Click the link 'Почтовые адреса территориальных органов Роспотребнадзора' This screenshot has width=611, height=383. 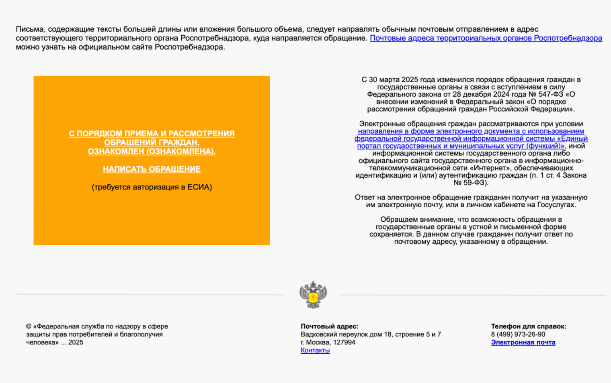point(486,38)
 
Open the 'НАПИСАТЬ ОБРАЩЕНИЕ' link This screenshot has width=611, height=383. point(152,169)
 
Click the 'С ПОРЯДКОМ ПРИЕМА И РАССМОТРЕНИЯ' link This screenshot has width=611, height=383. point(152,134)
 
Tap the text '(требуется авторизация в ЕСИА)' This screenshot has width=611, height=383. point(152,187)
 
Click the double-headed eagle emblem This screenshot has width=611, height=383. point(313,295)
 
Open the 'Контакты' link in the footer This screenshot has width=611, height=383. point(315,350)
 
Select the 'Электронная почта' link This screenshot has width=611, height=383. point(523,342)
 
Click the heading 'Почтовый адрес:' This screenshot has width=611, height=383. point(329,326)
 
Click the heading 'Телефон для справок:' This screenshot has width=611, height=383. point(528,326)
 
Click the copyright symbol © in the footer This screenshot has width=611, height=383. point(29,326)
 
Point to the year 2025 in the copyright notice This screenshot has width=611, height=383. point(76,342)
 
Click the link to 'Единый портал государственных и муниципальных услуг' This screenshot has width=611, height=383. point(471,139)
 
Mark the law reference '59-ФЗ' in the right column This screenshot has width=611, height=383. point(476,183)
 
